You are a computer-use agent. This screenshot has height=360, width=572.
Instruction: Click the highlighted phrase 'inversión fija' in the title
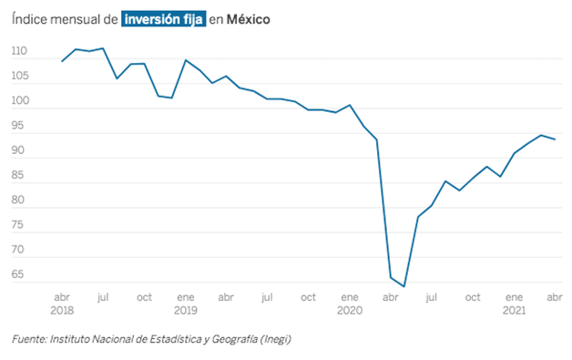point(163,18)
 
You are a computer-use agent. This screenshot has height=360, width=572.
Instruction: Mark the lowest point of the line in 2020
point(404,286)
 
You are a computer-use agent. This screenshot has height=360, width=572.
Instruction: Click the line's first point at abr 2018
point(62,61)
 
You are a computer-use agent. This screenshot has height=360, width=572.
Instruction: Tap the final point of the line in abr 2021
point(556,139)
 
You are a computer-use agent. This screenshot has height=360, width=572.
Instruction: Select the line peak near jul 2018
point(103,48)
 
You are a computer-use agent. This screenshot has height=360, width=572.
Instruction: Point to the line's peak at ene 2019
point(186,60)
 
